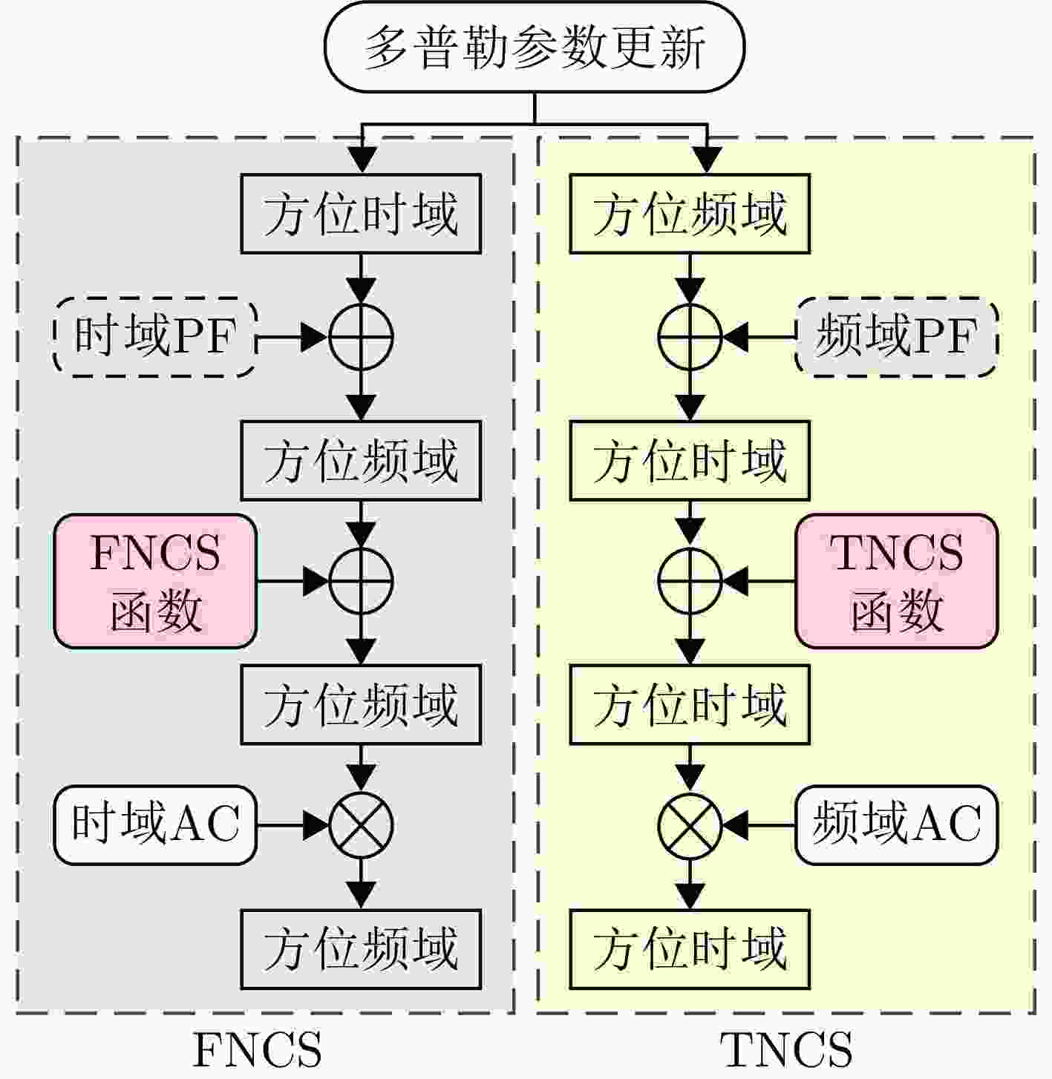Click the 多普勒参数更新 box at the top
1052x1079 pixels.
coord(534,47)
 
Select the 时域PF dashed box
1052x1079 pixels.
coord(155,337)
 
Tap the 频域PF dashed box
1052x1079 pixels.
coord(896,337)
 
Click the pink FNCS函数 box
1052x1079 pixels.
coord(155,581)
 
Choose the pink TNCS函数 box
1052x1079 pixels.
coord(896,581)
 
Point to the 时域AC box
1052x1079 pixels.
coord(155,824)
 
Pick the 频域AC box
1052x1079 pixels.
coord(896,824)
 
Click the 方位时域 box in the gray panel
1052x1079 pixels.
coord(361,214)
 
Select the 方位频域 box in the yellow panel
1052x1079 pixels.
coord(690,214)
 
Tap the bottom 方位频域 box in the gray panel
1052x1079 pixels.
coord(361,949)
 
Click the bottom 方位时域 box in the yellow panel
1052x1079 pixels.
coord(690,949)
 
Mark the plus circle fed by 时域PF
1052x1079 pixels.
coord(361,337)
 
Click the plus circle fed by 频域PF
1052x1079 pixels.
coord(690,337)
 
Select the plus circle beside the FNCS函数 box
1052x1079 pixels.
coord(361,581)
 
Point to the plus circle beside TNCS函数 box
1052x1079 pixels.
coord(690,581)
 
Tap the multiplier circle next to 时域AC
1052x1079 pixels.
coord(361,824)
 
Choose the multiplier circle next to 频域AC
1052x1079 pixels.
coord(690,824)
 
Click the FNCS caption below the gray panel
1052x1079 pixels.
coord(257,1049)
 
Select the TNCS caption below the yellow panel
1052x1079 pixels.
coord(786,1049)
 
